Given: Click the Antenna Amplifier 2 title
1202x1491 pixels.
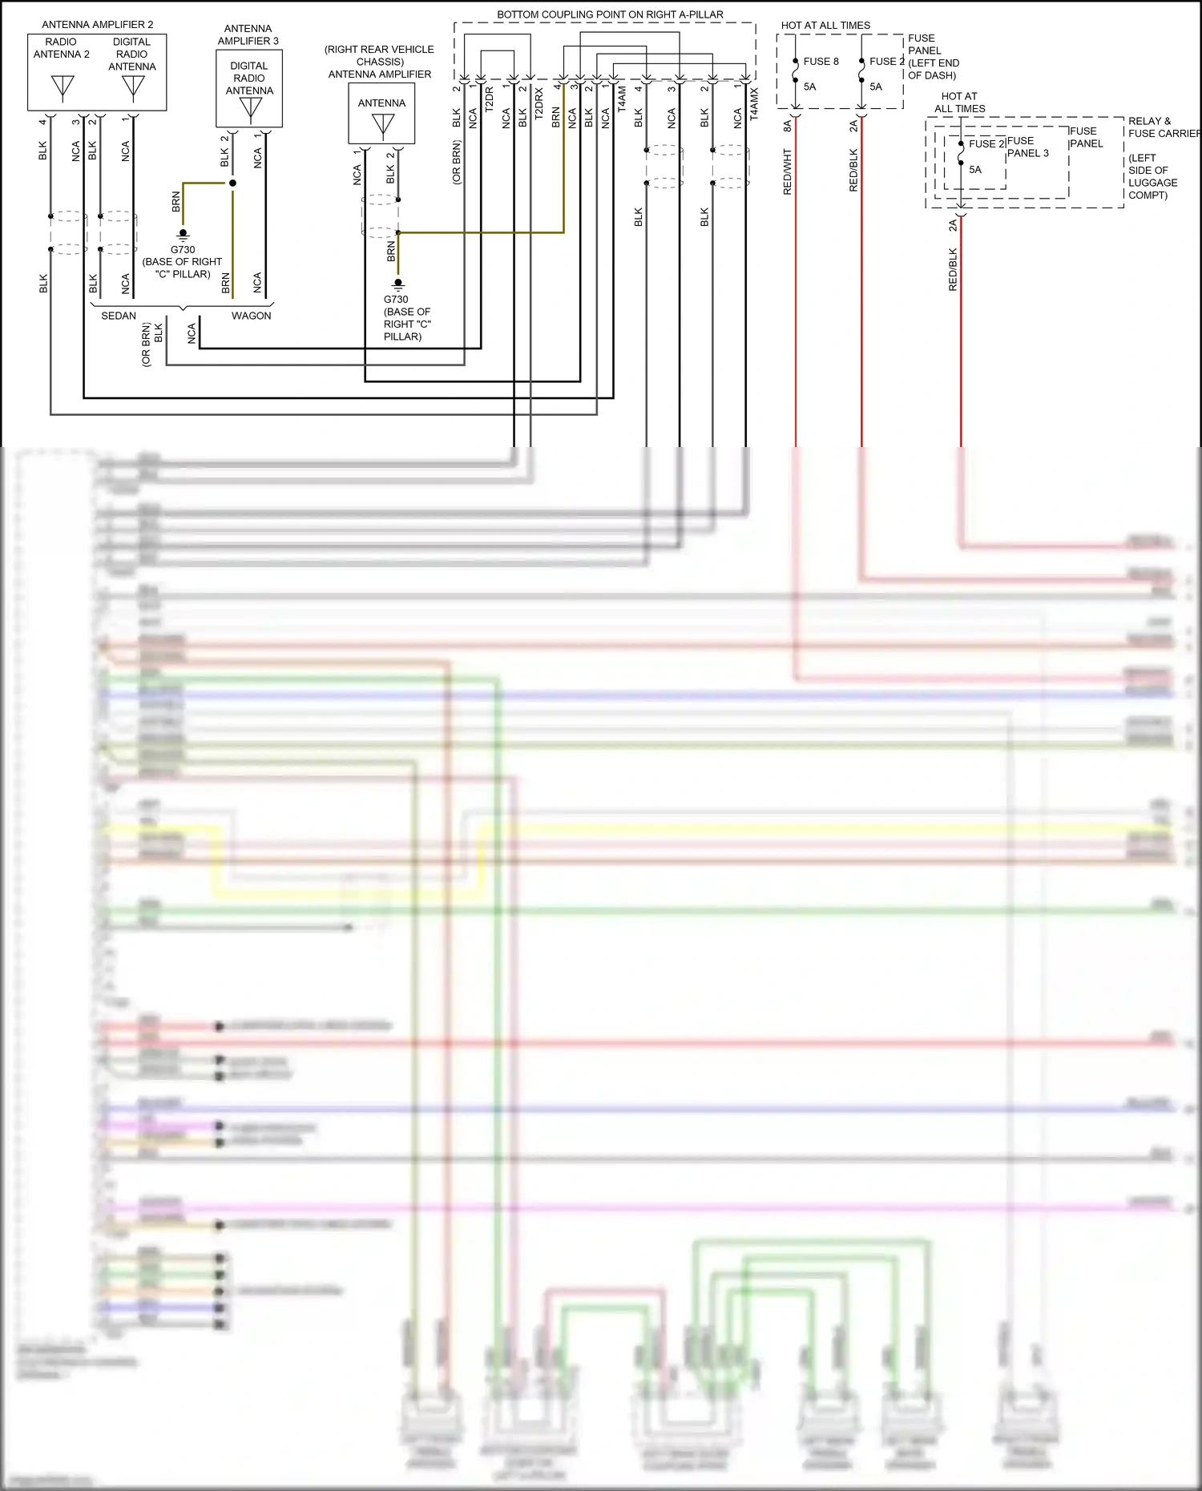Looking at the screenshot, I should (97, 25).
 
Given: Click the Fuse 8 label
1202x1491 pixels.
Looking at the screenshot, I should (821, 61).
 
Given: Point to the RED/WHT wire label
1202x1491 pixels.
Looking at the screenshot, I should (787, 171).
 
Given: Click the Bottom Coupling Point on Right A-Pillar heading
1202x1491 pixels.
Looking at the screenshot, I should (610, 14).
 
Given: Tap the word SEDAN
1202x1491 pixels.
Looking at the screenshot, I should (119, 316).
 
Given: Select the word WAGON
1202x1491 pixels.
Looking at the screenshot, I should (251, 316).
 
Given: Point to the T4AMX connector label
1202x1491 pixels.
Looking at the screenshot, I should (754, 105).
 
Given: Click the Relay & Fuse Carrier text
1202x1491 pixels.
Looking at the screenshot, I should (1163, 127).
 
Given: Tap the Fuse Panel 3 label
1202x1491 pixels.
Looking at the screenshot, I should (1027, 147).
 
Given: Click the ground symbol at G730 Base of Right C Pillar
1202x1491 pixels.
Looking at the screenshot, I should (183, 235).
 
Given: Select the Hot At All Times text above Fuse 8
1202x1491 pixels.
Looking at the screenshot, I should (825, 26).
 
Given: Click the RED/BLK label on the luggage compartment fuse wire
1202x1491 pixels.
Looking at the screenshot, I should (953, 269).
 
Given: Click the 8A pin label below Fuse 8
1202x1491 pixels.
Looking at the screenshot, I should (787, 125).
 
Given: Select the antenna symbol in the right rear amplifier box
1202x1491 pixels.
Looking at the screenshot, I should (383, 125).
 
